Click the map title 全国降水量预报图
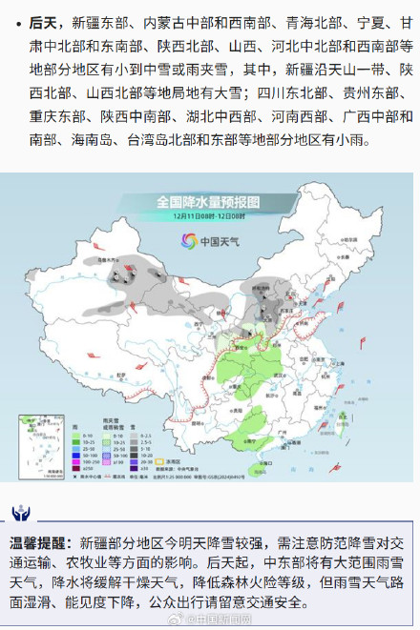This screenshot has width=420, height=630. coord(208,202)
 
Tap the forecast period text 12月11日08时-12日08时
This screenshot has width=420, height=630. coord(208,216)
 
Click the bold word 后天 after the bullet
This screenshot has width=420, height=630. coord(44,21)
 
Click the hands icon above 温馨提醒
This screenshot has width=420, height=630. coord(20,514)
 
